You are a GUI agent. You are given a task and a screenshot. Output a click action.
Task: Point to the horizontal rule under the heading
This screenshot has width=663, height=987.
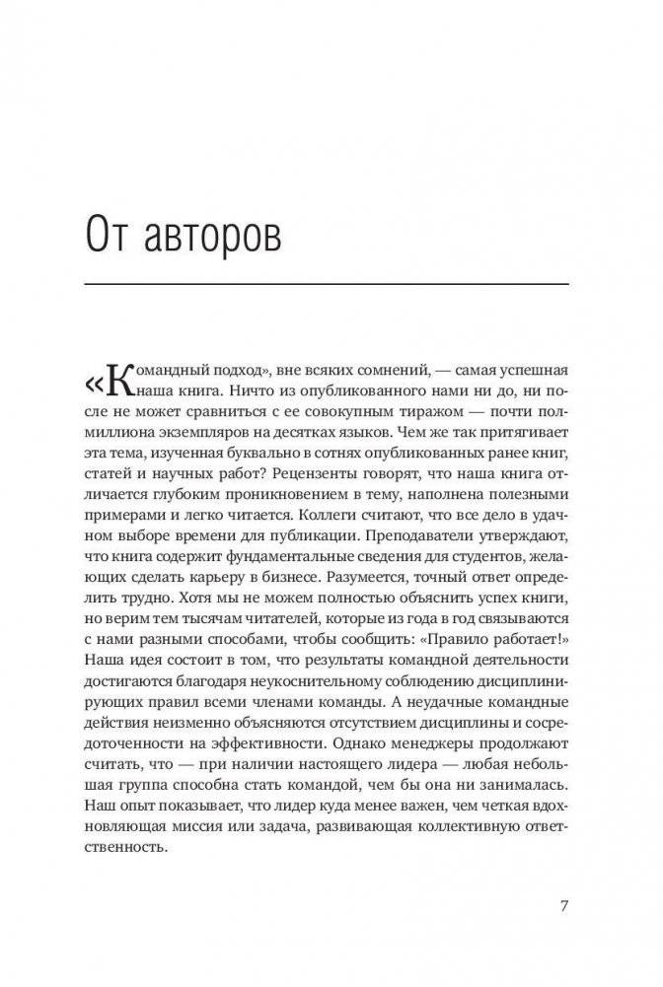tap(329, 284)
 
